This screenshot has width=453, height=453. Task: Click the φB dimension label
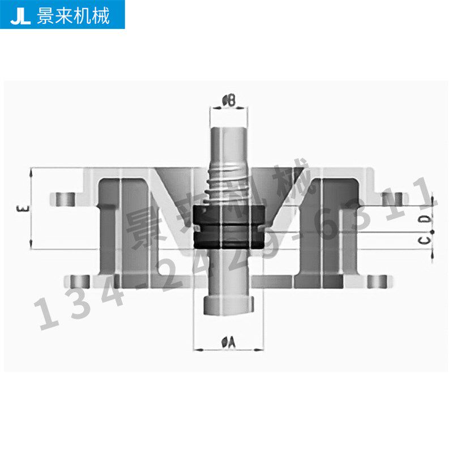point(229,101)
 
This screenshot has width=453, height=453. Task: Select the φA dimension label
point(229,341)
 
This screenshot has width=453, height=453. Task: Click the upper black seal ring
point(229,216)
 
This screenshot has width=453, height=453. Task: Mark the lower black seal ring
point(229,238)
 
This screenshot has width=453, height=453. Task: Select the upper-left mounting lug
point(66,199)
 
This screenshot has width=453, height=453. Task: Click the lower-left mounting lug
point(80,281)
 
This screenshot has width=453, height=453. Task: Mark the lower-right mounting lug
point(377,281)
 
